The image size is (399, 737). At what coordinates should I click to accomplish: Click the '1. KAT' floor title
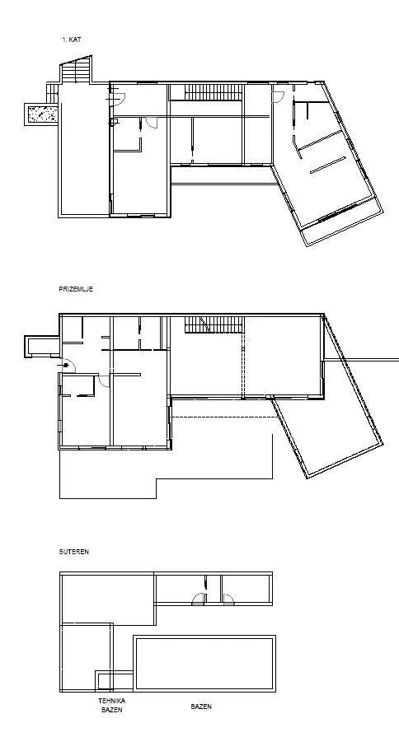coord(72,40)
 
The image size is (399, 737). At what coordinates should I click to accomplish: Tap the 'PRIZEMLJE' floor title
coord(76,289)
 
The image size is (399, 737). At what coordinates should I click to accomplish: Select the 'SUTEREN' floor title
coord(74,552)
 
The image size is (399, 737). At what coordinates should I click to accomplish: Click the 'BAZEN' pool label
coord(201,707)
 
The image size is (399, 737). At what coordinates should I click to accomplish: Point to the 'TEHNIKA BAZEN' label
coord(111,706)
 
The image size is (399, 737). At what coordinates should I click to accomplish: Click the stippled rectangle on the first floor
coord(42,114)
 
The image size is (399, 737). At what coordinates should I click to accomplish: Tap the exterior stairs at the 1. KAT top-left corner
coord(76,71)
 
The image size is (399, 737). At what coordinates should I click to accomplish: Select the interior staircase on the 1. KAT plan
coord(214,92)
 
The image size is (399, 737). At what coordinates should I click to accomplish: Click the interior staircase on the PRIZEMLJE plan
coord(214,324)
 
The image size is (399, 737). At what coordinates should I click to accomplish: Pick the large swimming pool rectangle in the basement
coord(204,663)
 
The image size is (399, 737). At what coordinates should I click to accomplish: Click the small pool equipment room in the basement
coord(115,681)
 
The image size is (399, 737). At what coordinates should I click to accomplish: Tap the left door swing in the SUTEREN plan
coord(198,599)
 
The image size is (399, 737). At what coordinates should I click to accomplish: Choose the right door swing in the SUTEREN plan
coord(228,599)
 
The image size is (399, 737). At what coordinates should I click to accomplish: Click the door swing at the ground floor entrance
coord(69,366)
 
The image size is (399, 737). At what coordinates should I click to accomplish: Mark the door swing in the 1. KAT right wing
coord(278,97)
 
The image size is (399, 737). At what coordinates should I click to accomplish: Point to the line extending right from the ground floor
coord(361,360)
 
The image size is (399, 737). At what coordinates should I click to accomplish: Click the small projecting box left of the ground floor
coord(42,347)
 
